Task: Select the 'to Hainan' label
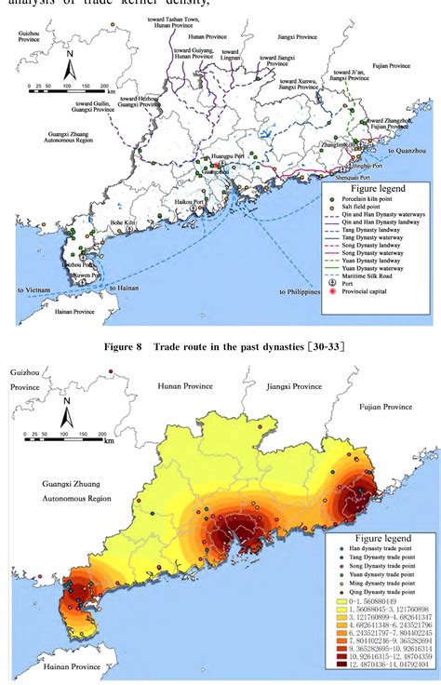point(128,289)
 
